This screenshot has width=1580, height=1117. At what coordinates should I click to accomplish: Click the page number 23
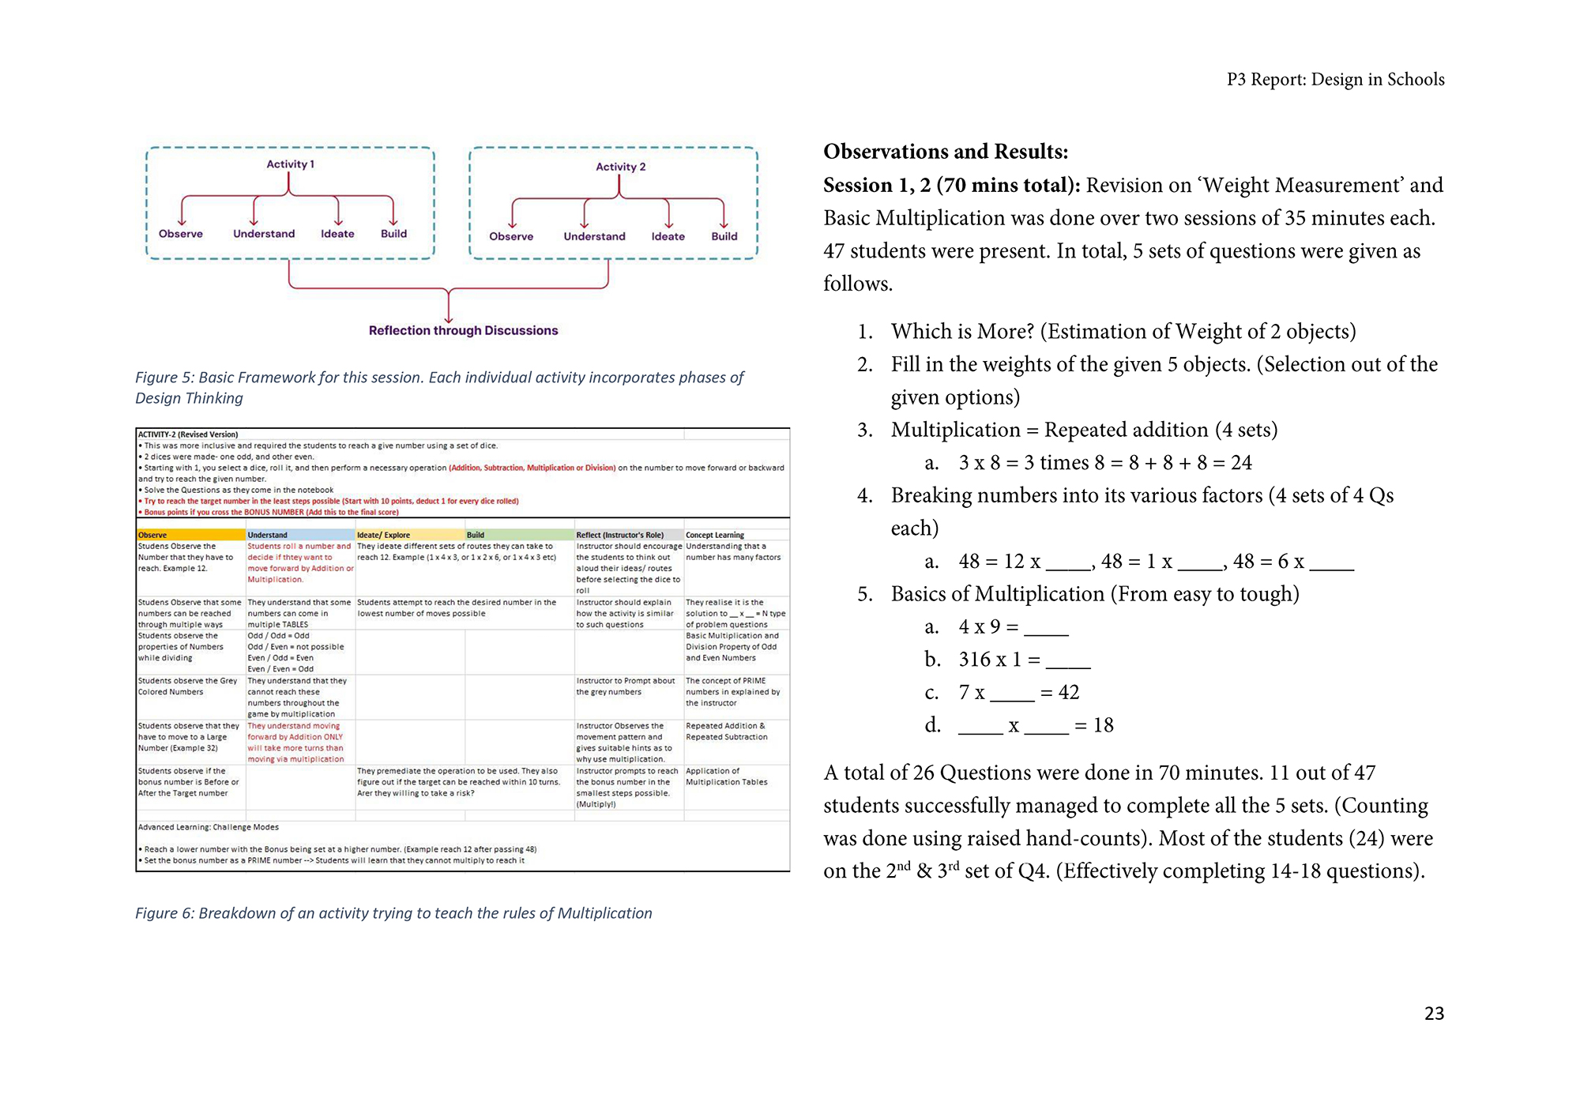(x=1434, y=1014)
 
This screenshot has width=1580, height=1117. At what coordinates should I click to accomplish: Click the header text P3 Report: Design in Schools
(x=1335, y=80)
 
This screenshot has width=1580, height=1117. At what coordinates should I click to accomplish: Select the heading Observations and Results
(x=946, y=151)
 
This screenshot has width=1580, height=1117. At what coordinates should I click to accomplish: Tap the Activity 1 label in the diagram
(x=290, y=164)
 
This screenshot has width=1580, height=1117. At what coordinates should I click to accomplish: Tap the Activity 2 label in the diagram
(x=620, y=167)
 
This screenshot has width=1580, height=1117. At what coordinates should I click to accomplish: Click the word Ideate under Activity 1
(x=337, y=234)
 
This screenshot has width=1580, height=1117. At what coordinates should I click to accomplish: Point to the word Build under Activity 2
(x=724, y=236)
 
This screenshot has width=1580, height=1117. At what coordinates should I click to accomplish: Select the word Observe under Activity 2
(x=511, y=236)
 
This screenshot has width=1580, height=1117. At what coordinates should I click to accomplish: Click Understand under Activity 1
(x=264, y=234)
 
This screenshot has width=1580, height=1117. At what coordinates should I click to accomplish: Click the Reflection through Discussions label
(x=463, y=330)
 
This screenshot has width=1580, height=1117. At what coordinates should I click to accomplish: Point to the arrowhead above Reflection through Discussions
(x=449, y=318)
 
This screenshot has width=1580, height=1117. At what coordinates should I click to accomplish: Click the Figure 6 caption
(x=393, y=913)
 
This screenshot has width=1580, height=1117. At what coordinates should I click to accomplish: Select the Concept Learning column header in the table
(x=715, y=535)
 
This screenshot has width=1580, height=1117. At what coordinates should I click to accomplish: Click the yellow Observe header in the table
(x=152, y=535)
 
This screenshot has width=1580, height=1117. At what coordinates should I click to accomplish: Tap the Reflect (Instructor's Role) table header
(x=619, y=535)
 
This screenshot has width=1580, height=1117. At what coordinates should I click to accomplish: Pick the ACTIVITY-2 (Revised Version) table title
(x=188, y=434)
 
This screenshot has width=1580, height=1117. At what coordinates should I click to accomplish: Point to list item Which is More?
(x=1123, y=331)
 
